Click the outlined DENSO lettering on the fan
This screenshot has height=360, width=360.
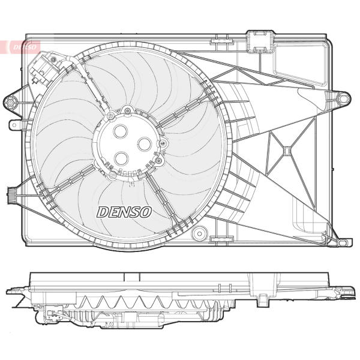point(124,212)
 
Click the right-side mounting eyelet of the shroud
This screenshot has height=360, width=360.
point(343,99)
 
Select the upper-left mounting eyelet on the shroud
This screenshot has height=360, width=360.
point(10,102)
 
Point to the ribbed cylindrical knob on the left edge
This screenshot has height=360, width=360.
point(11,195)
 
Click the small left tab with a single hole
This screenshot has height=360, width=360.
point(14,125)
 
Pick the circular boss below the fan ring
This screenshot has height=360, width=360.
point(200,234)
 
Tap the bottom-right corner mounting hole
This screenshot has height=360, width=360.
point(342,242)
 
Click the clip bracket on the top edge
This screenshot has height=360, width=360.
point(260,41)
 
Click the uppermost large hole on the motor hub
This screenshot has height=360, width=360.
point(121,131)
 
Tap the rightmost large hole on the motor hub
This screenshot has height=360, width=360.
point(145,144)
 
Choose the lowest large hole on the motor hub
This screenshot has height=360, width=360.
point(121,158)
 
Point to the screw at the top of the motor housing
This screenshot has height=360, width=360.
point(127,111)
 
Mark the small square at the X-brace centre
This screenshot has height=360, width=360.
point(287,151)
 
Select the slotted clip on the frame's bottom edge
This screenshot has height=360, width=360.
point(221,239)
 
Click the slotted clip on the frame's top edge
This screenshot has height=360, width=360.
point(222,41)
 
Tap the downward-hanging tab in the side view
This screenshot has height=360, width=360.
point(261,301)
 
